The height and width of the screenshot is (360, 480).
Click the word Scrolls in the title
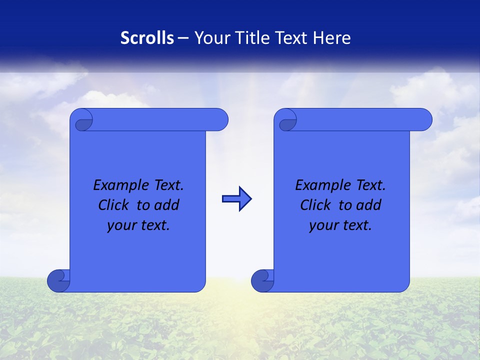point(147,38)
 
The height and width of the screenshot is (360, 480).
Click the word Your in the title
point(210,38)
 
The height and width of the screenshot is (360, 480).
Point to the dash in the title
point(183,38)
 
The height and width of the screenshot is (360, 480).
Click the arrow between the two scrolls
point(236,199)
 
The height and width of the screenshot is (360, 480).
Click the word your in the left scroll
point(121,225)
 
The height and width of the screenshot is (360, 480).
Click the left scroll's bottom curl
point(58,281)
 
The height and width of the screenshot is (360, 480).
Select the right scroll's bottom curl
point(262,281)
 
